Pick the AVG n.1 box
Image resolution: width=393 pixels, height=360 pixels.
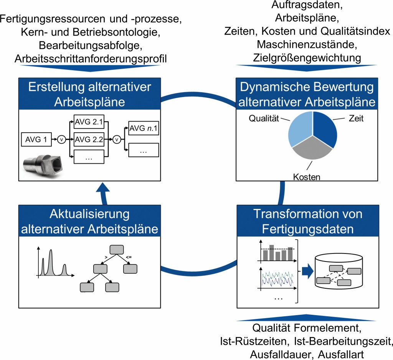144,128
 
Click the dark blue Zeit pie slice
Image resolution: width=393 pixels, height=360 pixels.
325,128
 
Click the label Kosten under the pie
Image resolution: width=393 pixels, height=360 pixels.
307,177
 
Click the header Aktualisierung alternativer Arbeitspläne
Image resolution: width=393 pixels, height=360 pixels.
89,221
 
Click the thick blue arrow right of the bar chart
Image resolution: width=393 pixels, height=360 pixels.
306,271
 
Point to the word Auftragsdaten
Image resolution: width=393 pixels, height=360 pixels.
307,6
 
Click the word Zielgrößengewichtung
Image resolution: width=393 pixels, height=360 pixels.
307,58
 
